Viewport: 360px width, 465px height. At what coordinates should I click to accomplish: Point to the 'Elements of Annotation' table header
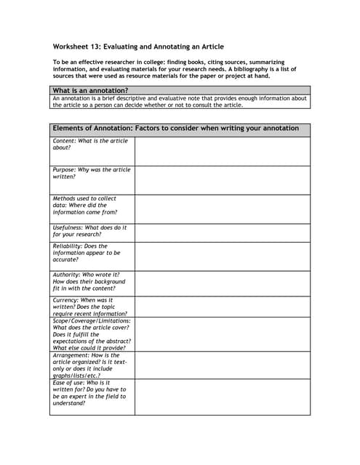(x=180, y=129)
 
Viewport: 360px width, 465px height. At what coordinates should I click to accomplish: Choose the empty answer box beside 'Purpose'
(x=222, y=179)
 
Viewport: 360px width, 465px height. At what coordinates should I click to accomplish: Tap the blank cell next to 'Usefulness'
(x=222, y=232)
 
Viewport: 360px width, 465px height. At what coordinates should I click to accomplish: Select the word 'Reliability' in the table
(x=70, y=246)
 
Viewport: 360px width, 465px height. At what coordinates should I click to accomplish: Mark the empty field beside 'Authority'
(x=222, y=283)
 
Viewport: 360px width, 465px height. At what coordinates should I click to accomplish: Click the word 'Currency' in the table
(x=68, y=299)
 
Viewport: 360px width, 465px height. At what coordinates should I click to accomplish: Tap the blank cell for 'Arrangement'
(x=222, y=365)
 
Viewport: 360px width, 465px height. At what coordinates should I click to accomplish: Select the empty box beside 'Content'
(x=222, y=151)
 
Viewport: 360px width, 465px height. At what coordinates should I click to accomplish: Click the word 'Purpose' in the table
(x=66, y=169)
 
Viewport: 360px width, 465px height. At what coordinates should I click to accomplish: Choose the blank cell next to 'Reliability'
(x=222, y=256)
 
